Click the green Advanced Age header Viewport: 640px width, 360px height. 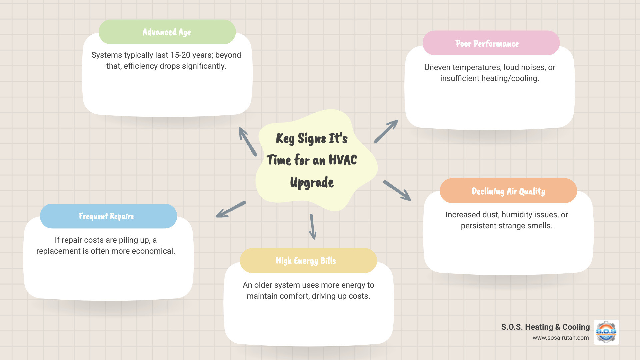click(167, 32)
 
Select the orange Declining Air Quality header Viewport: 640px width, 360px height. click(508, 191)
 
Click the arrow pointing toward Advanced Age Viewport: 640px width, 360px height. click(248, 142)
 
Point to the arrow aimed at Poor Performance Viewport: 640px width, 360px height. click(386, 131)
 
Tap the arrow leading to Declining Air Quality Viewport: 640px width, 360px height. click(397, 190)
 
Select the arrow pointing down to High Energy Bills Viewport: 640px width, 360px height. click(312, 227)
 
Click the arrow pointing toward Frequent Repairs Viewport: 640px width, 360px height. click(231, 209)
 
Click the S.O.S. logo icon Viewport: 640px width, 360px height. click(606, 332)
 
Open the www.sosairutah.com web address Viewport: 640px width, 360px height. click(560, 338)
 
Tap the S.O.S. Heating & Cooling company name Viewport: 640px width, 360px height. click(545, 327)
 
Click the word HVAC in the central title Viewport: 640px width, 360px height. click(343, 160)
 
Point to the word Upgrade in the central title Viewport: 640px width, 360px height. click(312, 183)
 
